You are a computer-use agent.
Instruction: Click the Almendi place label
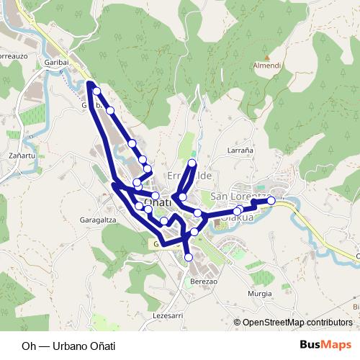[267, 66]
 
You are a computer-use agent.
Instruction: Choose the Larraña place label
[240, 150]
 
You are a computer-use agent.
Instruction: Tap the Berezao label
[204, 282]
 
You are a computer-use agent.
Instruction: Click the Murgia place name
[259, 294]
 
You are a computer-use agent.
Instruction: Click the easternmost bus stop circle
[271, 201]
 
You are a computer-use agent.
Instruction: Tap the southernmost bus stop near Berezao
[189, 257]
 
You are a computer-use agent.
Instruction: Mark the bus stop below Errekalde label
[183, 197]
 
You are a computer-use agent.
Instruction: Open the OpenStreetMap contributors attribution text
[297, 322]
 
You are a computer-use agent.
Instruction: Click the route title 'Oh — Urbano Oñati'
[68, 345]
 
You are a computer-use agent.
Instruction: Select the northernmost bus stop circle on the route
[96, 91]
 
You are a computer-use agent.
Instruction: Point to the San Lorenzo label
[241, 197]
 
